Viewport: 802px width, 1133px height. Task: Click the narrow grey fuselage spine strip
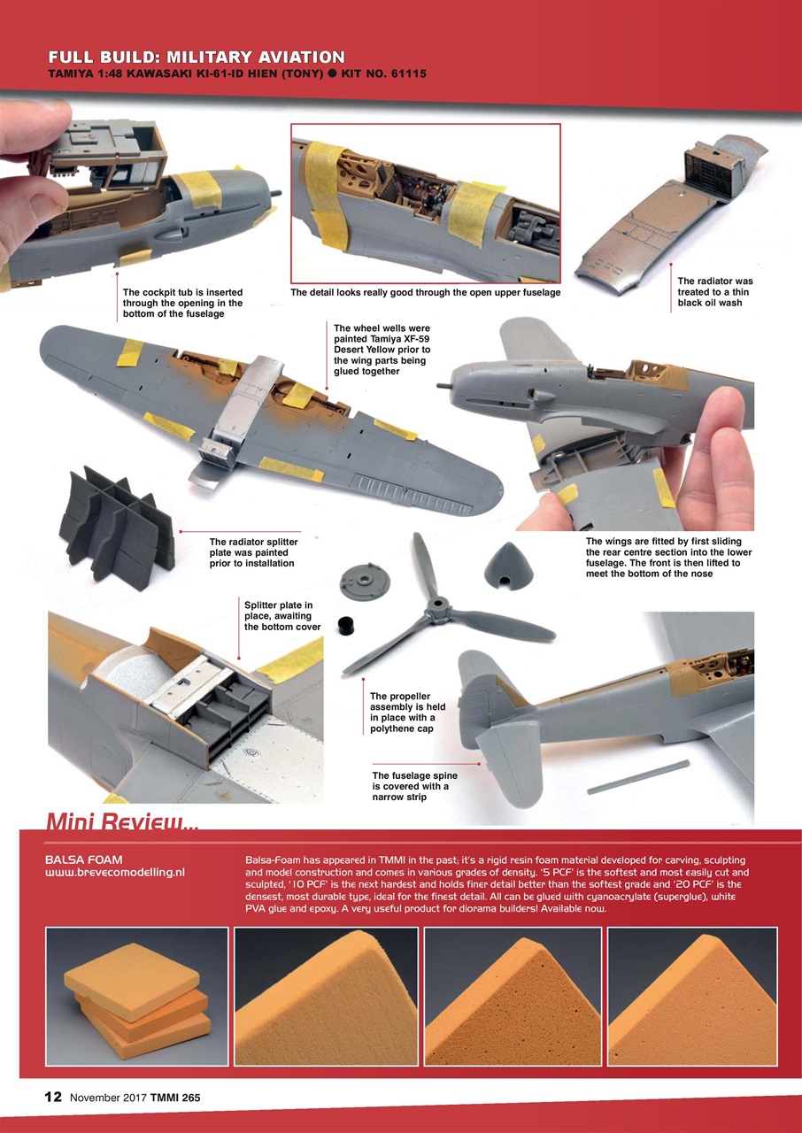637,776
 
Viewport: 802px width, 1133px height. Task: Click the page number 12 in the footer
53,1097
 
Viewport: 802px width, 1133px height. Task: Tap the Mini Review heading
121,821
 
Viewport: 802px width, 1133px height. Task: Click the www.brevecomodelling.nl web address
114,873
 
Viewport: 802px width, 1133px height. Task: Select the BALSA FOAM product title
83,859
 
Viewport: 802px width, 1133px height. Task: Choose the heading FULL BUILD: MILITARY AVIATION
197,58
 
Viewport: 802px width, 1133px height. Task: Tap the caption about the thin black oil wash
714,291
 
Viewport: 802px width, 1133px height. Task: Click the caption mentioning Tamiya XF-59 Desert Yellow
382,349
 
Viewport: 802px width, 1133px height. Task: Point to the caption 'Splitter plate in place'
278,615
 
